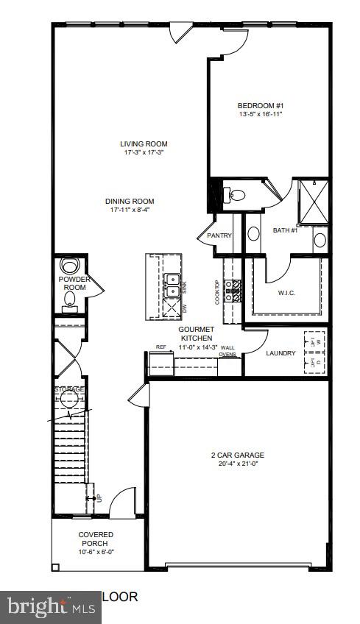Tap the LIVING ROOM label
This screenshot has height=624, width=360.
point(144,143)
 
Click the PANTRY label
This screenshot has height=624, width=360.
point(219,235)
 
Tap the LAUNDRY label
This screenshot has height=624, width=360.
point(280,353)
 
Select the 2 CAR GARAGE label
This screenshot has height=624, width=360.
point(236,455)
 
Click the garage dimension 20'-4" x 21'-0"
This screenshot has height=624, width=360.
point(236,464)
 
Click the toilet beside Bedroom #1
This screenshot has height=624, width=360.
point(236,195)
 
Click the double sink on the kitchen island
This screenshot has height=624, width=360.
point(172,280)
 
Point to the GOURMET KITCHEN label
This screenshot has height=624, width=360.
point(196,333)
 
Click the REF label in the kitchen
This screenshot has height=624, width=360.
point(160,347)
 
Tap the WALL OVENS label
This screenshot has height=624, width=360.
point(228,350)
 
